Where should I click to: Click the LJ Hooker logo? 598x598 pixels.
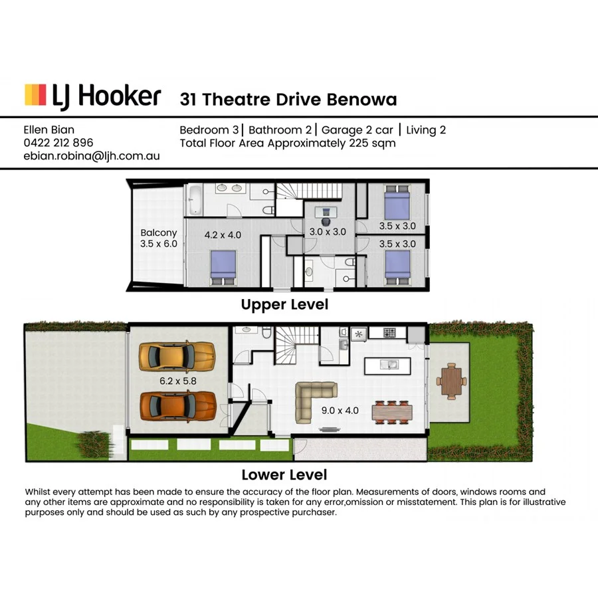tap(92, 96)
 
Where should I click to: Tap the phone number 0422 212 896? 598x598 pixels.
tap(58, 143)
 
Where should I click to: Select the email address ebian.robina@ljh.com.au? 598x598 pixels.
tap(92, 156)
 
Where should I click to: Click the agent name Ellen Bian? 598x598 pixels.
tap(50, 130)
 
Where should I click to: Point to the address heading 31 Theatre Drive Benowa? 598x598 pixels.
tap(288, 100)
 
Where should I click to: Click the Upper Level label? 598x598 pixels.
tap(284, 305)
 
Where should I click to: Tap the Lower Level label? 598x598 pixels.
tap(284, 474)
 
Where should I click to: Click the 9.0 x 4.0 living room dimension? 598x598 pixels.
tap(340, 410)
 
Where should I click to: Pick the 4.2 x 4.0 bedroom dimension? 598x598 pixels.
tap(223, 234)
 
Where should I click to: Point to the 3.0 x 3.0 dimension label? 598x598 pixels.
tap(328, 232)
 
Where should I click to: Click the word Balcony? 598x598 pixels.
tap(159, 233)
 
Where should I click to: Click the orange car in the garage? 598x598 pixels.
tap(177, 405)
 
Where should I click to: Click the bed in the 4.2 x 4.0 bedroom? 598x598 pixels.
tap(224, 267)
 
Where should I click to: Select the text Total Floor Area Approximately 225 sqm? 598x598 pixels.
tap(288, 143)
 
